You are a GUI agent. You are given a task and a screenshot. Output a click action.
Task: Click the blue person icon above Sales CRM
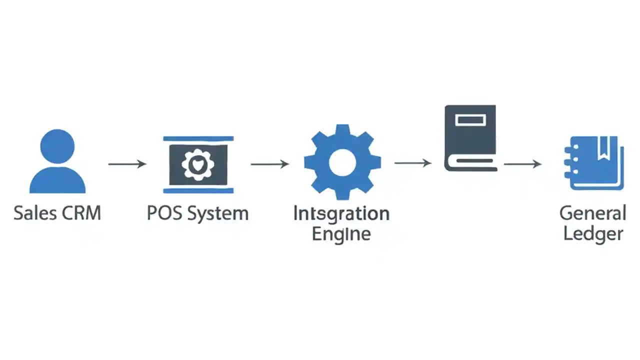(x=57, y=162)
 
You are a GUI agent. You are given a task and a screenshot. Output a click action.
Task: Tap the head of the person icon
(x=57, y=146)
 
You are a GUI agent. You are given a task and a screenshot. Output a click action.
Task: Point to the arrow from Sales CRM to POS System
(x=127, y=163)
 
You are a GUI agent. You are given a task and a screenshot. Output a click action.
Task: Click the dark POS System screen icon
(x=198, y=164)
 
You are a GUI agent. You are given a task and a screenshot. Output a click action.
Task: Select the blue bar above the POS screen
(x=198, y=138)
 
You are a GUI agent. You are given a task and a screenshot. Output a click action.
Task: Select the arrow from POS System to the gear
(x=270, y=163)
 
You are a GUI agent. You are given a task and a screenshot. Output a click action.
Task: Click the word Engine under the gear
(x=341, y=233)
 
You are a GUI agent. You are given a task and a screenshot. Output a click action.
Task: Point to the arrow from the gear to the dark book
(x=413, y=162)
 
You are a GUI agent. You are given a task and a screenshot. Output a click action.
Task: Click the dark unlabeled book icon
(x=470, y=137)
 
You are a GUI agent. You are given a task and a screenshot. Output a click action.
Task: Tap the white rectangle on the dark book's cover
(x=470, y=119)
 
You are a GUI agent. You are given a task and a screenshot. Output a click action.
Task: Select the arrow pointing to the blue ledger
(x=522, y=163)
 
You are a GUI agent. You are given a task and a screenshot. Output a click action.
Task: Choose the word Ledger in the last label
(x=593, y=233)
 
